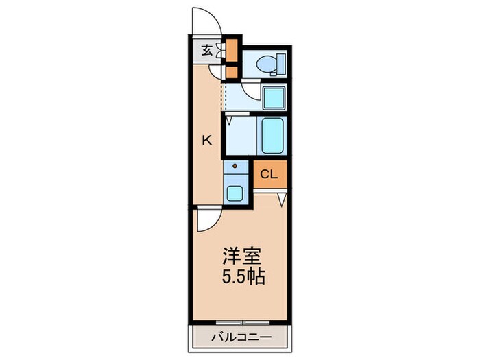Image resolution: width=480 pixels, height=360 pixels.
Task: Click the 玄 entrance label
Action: pos(206,49)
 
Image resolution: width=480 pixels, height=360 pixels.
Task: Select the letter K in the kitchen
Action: pos(206,141)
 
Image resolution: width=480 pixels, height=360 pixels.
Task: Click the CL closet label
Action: pos(269,174)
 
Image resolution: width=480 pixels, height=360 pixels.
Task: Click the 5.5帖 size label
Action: pos(241,278)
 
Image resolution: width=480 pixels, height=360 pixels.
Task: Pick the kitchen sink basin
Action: pos(236,193)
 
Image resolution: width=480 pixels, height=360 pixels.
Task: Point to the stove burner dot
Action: pos(234,167)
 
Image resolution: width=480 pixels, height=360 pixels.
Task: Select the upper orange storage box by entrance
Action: pos(232,49)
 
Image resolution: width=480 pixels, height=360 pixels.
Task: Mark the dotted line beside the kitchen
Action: pos(223,94)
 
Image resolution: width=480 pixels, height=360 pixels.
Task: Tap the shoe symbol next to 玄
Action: pos(220,49)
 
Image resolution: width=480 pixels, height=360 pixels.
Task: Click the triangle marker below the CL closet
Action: pos(281,201)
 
